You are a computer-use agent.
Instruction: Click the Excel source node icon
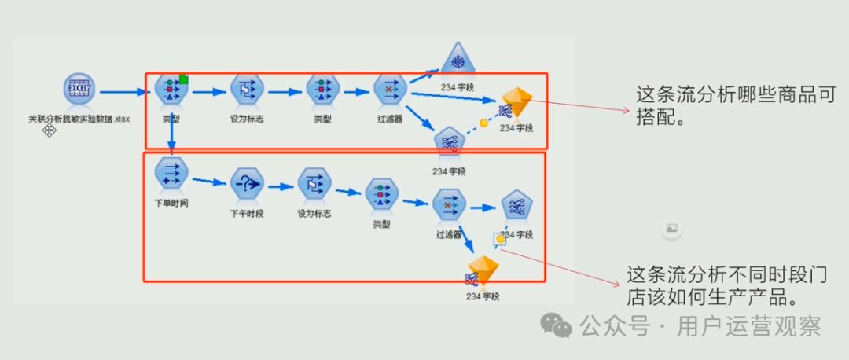[x=79, y=90]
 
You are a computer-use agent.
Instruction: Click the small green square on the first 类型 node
[x=184, y=79]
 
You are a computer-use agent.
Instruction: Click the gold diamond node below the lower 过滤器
[x=483, y=271]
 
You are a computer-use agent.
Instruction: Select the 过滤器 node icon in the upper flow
[x=389, y=92]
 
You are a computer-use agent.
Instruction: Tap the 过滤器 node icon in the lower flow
[x=449, y=207]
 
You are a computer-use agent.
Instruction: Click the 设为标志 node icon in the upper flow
[x=246, y=91]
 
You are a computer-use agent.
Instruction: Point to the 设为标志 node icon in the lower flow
[x=314, y=186]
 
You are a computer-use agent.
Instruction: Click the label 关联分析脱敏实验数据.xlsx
[x=79, y=119]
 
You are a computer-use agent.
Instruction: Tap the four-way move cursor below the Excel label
[x=50, y=130]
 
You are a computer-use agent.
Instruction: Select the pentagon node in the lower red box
[x=517, y=207]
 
